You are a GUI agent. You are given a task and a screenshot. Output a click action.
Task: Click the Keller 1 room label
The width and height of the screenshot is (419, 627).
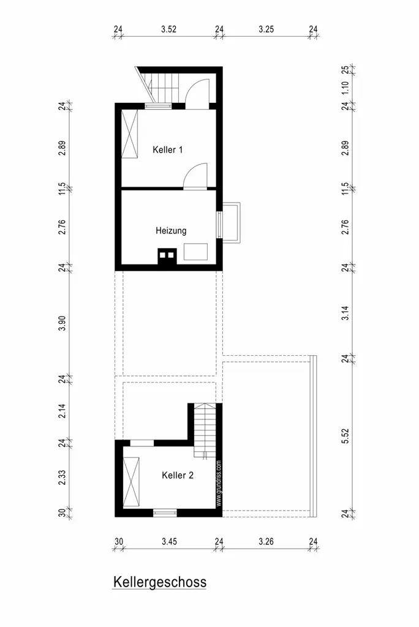tap(168, 150)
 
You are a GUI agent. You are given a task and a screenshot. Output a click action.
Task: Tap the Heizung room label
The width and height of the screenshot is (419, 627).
tap(171, 231)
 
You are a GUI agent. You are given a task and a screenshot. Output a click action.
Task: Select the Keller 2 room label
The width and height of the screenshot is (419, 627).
tap(178, 475)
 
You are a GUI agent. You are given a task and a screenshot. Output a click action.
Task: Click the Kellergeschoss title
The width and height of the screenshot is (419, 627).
tap(160, 582)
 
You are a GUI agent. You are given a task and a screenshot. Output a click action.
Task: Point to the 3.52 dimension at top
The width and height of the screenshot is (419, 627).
tap(169, 29)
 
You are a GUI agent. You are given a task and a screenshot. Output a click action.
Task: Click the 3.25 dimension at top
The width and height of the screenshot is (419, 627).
tap(266, 29)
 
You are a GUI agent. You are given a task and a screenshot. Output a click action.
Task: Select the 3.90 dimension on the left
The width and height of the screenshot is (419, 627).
tap(62, 323)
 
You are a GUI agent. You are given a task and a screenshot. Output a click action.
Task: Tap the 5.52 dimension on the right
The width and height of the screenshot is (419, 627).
tap(345, 436)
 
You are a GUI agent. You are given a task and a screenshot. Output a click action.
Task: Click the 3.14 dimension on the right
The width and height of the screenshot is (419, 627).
tap(345, 313)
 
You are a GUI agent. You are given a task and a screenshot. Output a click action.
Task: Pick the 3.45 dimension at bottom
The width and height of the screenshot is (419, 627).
tap(169, 542)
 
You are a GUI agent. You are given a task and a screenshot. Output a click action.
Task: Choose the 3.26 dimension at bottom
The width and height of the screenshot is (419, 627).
tap(266, 542)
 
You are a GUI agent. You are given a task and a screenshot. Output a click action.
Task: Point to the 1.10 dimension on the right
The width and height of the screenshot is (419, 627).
tap(345, 88)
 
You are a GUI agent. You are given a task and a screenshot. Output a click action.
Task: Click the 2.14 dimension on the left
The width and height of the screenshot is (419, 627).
tap(62, 411)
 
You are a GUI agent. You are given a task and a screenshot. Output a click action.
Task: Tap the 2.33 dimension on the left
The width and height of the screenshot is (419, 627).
tap(62, 478)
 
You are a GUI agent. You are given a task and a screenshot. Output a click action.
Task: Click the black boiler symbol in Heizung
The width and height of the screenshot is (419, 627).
tap(167, 257)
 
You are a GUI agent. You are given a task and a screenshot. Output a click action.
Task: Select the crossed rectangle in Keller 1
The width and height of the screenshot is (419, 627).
tap(130, 134)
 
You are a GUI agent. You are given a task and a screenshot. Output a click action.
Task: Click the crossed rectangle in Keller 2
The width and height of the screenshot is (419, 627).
tap(131, 482)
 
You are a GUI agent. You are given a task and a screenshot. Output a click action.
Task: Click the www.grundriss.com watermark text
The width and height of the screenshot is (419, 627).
tap(219, 484)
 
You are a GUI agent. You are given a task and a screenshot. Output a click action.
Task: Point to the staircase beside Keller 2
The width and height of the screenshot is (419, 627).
tap(205, 430)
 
